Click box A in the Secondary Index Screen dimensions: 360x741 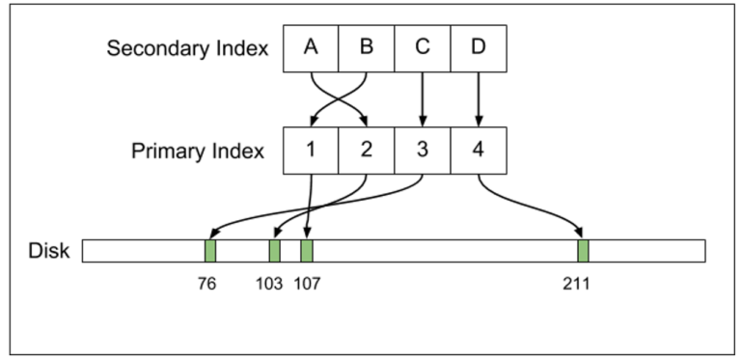click(311, 48)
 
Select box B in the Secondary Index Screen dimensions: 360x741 click(367, 48)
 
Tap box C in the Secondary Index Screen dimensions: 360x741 click(423, 48)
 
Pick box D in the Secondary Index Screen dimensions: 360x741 click(479, 48)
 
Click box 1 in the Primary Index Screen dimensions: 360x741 click(311, 151)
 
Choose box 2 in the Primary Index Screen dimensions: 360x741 click(367, 151)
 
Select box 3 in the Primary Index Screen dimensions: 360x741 click(423, 151)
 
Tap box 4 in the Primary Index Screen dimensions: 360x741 click(479, 151)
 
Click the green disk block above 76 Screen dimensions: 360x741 click(210, 251)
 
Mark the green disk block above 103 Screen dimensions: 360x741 click(275, 251)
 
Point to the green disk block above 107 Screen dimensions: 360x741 click(307, 251)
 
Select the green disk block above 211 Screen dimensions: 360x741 click(583, 251)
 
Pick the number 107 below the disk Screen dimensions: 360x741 click(308, 286)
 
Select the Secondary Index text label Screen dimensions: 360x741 click(187, 48)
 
